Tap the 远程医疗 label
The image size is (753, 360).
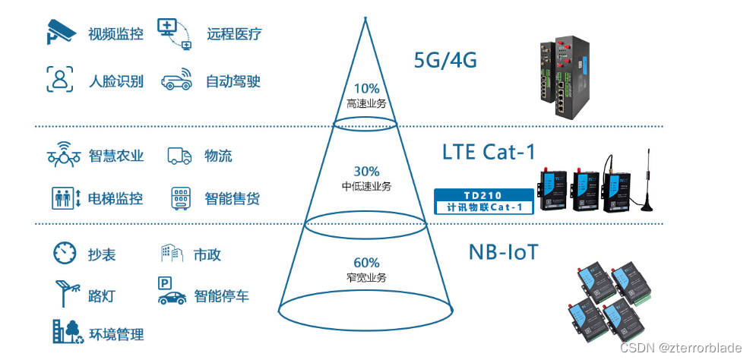234,34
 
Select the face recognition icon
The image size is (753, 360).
60,80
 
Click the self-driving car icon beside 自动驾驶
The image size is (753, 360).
176,81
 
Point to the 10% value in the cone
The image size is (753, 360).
366,87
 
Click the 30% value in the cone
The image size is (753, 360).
366,172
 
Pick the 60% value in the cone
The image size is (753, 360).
366,263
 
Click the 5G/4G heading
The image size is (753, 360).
445,60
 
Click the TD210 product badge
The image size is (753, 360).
483,201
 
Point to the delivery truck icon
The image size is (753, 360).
179,156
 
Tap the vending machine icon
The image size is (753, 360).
180,199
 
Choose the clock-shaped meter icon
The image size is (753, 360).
65,253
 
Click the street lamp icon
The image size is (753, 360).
65,294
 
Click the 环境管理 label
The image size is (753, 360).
116,334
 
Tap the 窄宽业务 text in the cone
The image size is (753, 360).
366,278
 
